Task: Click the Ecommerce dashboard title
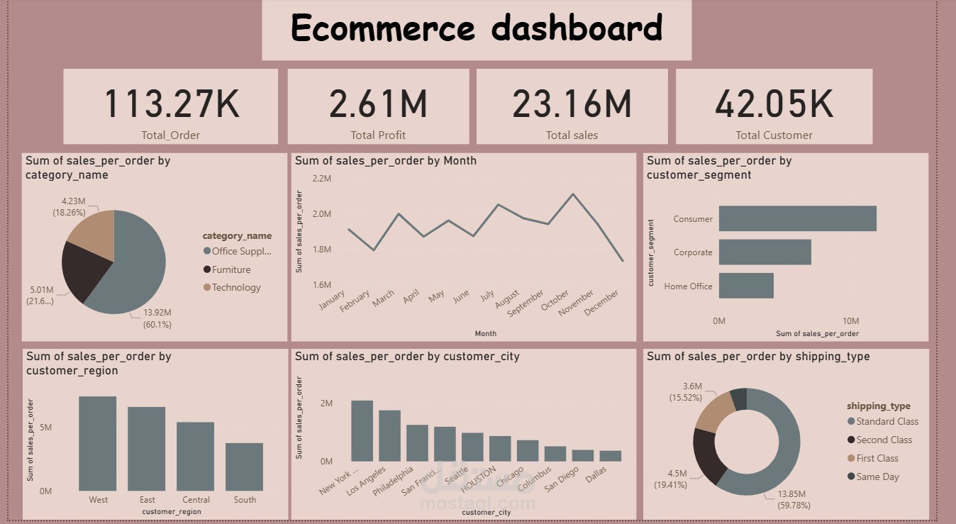click(x=477, y=28)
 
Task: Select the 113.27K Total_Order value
click(x=172, y=104)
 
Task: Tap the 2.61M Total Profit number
click(x=378, y=104)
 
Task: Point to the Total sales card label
click(x=572, y=135)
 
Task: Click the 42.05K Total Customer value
click(x=774, y=104)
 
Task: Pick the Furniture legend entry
click(x=230, y=269)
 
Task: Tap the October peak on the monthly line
click(x=572, y=194)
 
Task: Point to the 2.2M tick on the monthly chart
click(x=321, y=178)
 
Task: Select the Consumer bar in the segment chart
click(x=797, y=218)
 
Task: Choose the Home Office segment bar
click(x=746, y=286)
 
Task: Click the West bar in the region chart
click(x=98, y=443)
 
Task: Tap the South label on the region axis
click(x=245, y=499)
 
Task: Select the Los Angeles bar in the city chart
click(x=389, y=435)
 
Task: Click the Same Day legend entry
click(x=877, y=476)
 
